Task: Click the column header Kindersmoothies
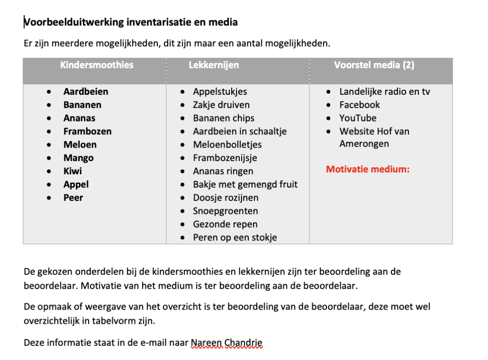(x=97, y=65)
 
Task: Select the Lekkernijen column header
(x=214, y=65)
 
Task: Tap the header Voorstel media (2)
(x=374, y=65)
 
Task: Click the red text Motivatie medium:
(x=368, y=169)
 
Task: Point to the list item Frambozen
(x=87, y=131)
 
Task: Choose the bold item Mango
(x=78, y=158)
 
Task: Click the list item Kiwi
(x=72, y=171)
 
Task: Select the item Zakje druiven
(x=221, y=105)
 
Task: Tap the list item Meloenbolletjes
(x=227, y=145)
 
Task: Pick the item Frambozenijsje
(x=225, y=158)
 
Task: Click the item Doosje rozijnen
(x=225, y=198)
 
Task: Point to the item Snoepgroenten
(x=225, y=211)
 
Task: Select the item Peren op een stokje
(x=235, y=238)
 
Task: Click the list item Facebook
(x=359, y=105)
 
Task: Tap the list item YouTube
(x=358, y=118)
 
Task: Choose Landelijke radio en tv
(x=385, y=91)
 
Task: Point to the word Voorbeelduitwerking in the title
(x=70, y=22)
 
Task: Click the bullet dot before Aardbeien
(x=49, y=92)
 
